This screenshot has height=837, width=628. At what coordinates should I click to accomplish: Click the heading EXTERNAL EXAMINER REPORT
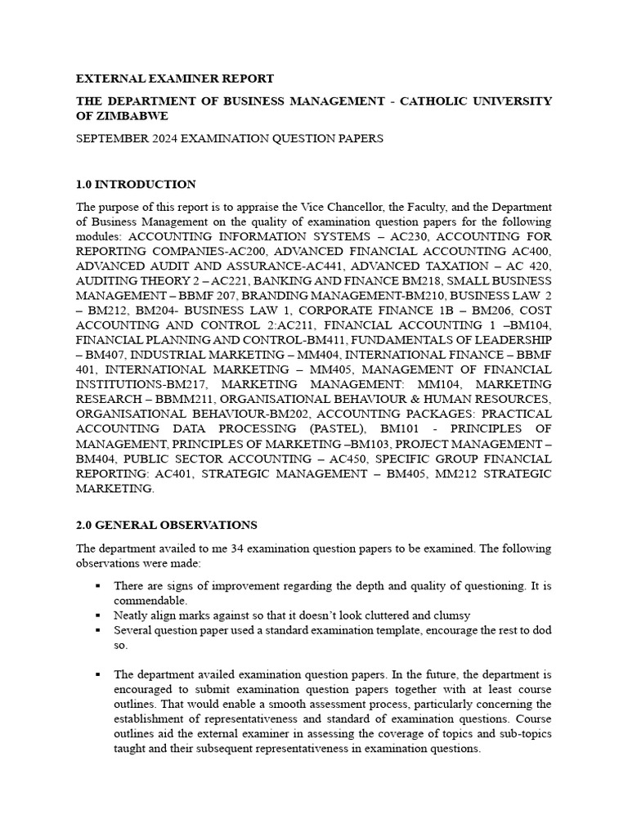tap(175, 78)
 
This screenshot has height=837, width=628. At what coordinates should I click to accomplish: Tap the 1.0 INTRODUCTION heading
tap(136, 184)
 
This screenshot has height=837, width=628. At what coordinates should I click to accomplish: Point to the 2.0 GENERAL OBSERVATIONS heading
tap(167, 525)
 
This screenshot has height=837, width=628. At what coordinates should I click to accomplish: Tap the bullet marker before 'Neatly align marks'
tap(97, 615)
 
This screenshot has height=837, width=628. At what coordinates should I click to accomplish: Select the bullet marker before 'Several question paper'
tap(97, 630)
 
